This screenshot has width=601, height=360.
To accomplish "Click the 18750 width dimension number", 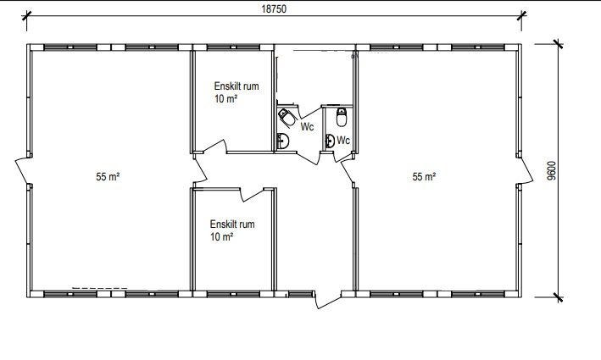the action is tap(274, 8).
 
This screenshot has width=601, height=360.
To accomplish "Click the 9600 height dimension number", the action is tap(551, 171).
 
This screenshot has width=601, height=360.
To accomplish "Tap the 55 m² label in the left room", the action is tap(108, 176).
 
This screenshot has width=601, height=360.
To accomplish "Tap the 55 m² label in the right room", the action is tap(424, 176).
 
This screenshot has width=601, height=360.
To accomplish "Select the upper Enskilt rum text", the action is tap(237, 86).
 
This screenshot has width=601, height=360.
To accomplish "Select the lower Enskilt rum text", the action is tap(232, 224).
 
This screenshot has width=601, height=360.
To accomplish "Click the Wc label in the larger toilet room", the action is tap(307, 126).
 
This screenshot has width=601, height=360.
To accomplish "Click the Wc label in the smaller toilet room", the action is tap(343, 140).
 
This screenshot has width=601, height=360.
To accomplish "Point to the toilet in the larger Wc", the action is tap(287, 117).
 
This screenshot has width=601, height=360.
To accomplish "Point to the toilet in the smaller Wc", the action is tap(342, 117).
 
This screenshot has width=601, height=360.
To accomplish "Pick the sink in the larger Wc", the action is tap(283, 141).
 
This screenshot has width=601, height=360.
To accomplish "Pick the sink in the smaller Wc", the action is tap(330, 141).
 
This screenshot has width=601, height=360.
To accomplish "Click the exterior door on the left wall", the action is tap(24, 171).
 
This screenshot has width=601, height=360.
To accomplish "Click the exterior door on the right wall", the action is tap(524, 171).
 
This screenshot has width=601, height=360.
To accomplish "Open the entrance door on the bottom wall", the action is tap(328, 300).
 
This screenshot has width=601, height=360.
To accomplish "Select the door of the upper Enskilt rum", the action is tap(215, 147).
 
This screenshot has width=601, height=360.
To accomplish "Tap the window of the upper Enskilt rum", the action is tap(233, 47).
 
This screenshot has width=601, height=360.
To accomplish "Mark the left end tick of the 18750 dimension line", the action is tap(26, 15).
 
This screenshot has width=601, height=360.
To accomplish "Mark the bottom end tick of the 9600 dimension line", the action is tap(558, 296).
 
